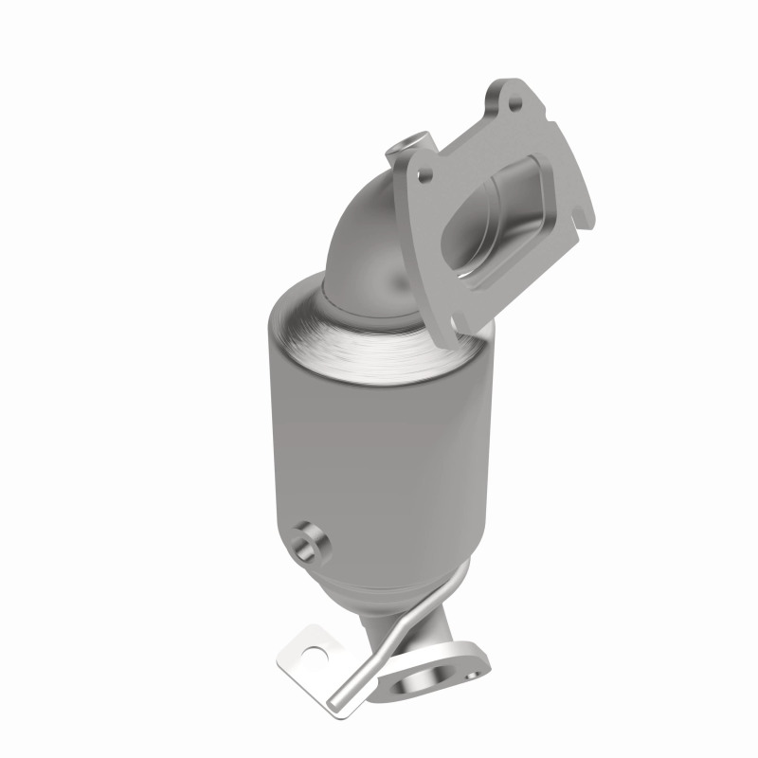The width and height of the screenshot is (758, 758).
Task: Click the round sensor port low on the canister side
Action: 308,542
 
